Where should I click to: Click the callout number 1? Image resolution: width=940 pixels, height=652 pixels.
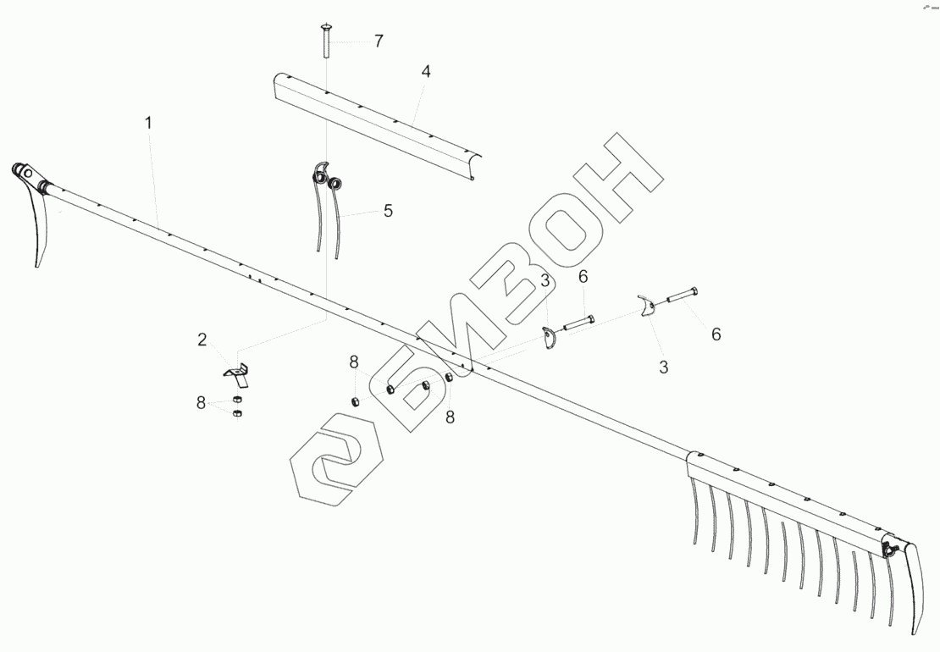(x=148, y=123)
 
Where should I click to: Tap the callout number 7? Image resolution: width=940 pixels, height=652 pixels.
(x=379, y=40)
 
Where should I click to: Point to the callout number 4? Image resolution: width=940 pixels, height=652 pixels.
(x=426, y=72)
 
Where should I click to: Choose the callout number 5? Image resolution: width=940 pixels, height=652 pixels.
(x=388, y=211)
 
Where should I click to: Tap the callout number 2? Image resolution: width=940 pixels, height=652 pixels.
(x=202, y=340)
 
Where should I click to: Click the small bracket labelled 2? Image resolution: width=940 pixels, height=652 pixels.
(x=236, y=373)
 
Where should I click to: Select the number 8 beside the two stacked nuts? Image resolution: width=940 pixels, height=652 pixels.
(x=202, y=403)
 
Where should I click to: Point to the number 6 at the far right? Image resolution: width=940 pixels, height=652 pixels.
(x=716, y=334)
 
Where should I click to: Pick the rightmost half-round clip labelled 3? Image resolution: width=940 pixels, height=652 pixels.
(x=647, y=307)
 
